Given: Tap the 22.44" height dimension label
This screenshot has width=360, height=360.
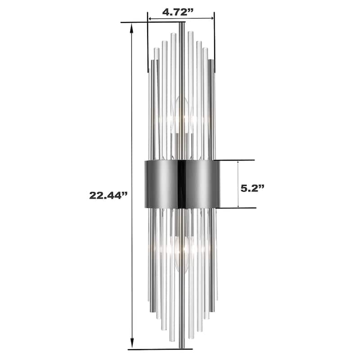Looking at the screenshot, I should (108, 195).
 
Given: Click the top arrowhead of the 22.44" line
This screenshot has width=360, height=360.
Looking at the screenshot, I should (132, 28).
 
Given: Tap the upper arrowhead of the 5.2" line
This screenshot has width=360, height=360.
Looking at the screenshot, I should (238, 163).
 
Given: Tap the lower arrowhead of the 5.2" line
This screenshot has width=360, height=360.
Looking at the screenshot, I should (238, 205).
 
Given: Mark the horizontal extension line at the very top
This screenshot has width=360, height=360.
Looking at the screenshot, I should (153, 22).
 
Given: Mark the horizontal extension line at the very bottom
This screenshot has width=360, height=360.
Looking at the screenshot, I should (160, 349).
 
